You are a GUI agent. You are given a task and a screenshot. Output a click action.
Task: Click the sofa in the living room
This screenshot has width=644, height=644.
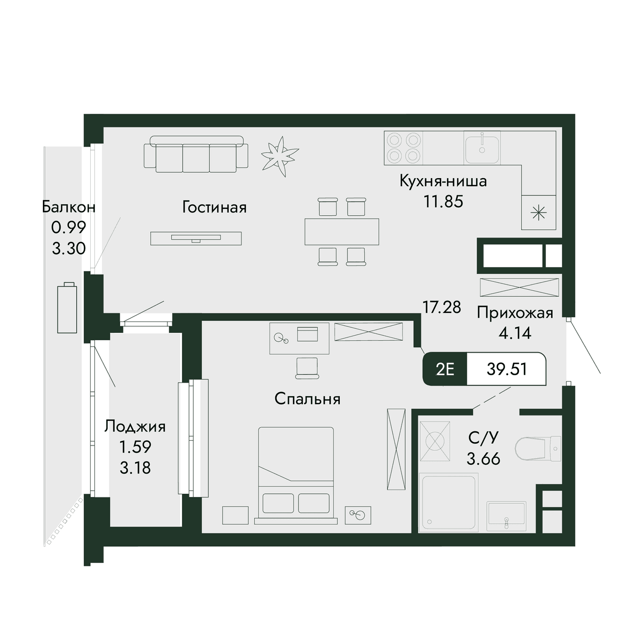pos(196,154)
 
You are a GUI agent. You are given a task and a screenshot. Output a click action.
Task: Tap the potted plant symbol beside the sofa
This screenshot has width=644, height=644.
pos(280,156)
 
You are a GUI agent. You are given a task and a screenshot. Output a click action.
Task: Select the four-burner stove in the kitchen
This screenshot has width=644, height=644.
pos(404,148)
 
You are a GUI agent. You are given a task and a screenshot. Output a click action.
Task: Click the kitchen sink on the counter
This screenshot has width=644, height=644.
pos(481,148)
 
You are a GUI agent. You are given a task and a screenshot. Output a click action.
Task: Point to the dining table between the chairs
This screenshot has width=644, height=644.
pos(341,232)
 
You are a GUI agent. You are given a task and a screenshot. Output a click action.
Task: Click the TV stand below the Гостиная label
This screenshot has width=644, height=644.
pos(196,238)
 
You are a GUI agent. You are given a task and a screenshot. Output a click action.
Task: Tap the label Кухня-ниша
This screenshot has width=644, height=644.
pos(443,181)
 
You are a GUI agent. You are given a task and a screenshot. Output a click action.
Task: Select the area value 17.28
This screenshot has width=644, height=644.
pos(442,307)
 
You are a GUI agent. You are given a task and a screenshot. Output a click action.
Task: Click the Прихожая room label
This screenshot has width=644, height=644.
pos(515,313)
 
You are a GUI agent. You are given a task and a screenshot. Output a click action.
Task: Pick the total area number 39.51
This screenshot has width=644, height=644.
pos(507,369)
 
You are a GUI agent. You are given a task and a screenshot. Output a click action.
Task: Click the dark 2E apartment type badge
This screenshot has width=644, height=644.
pos(445,369)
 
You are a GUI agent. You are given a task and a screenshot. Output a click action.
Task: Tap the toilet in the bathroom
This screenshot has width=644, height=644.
pos(538,449)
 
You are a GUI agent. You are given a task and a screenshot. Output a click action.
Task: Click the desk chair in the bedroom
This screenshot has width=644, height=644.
pos(307,368)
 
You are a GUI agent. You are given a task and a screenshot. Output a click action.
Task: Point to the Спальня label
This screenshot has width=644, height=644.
pos(308,399)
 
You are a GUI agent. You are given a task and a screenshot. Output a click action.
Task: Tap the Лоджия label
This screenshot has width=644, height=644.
pos(135,427)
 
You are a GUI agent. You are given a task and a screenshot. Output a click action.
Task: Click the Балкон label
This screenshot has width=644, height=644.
pos(69,207)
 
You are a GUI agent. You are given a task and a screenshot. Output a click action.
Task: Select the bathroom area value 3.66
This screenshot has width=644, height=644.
pos(483,458)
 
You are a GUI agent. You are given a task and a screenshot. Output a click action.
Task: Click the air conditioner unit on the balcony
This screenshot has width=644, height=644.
pos(67,308)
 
